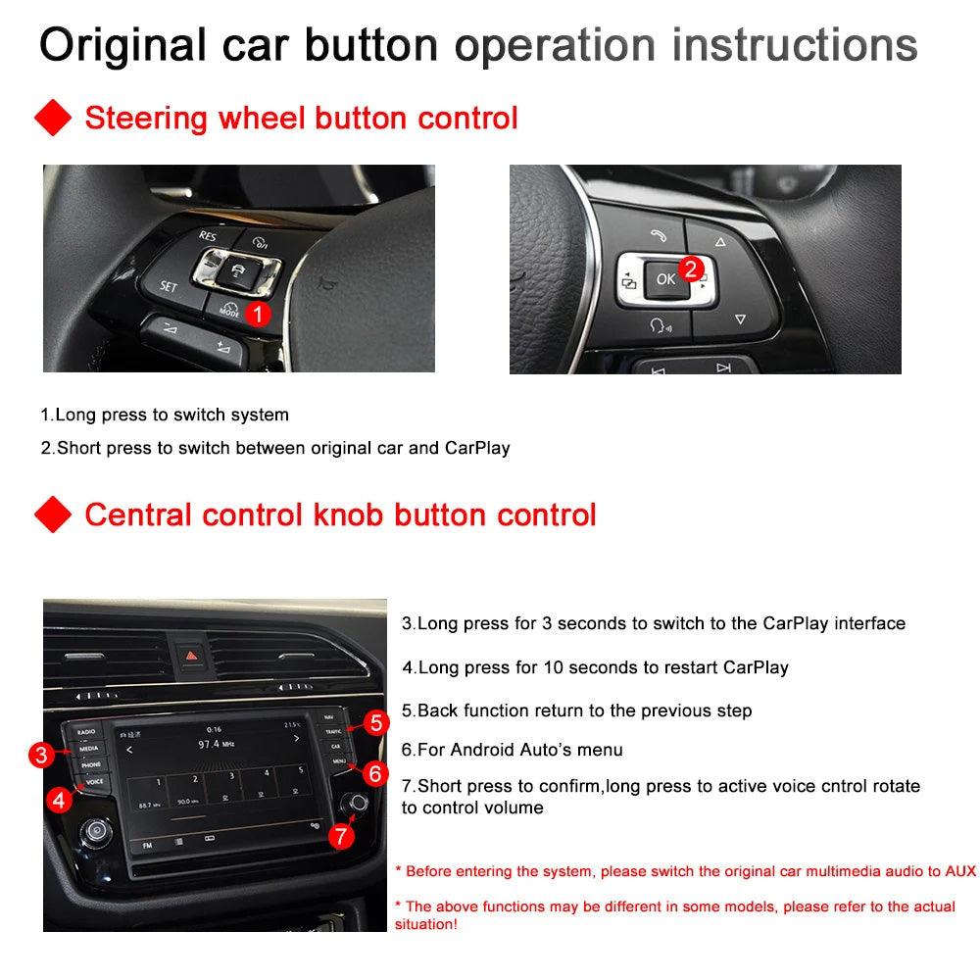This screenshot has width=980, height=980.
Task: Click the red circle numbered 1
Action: (x=257, y=315)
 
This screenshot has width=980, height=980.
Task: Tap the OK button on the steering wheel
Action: (x=665, y=279)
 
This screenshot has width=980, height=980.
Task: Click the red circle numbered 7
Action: (x=339, y=836)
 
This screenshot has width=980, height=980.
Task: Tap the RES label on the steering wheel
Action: (x=208, y=235)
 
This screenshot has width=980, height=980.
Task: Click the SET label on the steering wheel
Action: (x=168, y=287)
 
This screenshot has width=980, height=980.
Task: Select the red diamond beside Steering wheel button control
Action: (x=53, y=119)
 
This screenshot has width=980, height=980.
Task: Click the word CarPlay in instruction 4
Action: (x=756, y=667)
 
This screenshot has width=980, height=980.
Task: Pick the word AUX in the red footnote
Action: (x=960, y=870)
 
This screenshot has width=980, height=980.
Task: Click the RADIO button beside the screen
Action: (x=87, y=732)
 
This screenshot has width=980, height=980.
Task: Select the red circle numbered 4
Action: (x=60, y=800)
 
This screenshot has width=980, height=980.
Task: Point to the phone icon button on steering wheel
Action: (x=655, y=235)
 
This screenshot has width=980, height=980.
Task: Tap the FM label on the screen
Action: (x=147, y=845)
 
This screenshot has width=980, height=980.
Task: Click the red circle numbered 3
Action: (x=40, y=755)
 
